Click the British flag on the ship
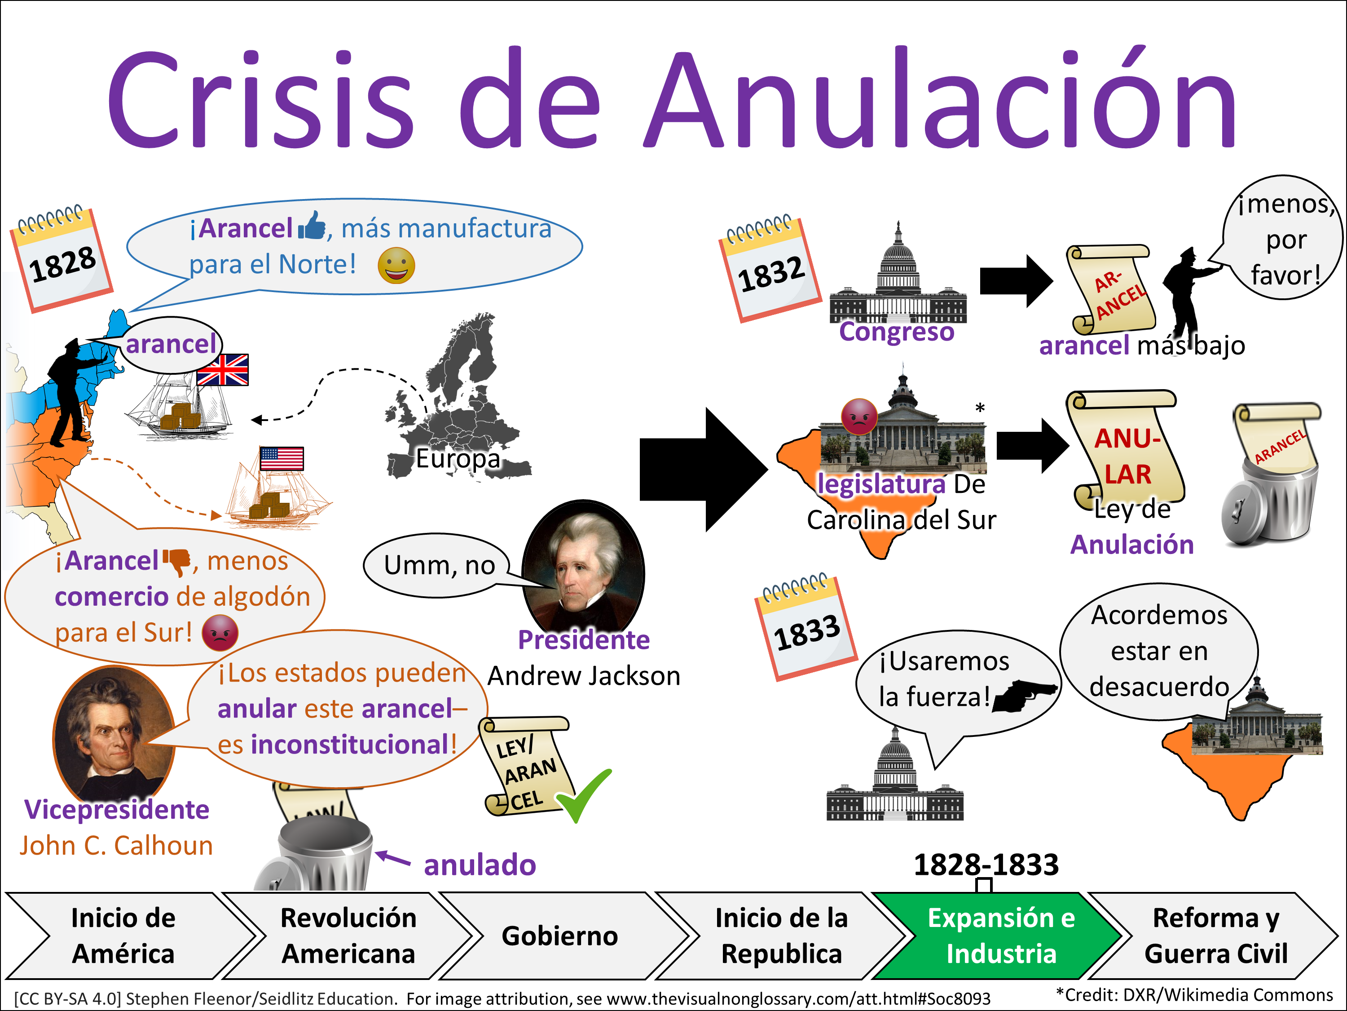pos(223,369)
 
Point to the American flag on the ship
pos(282,458)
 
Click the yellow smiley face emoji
pos(396,266)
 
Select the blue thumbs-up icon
pos(312,226)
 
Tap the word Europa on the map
pos(458,458)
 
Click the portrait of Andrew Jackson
pos(583,567)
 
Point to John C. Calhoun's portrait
pos(114,734)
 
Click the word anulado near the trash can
pos(480,865)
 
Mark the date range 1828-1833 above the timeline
pos(986,864)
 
